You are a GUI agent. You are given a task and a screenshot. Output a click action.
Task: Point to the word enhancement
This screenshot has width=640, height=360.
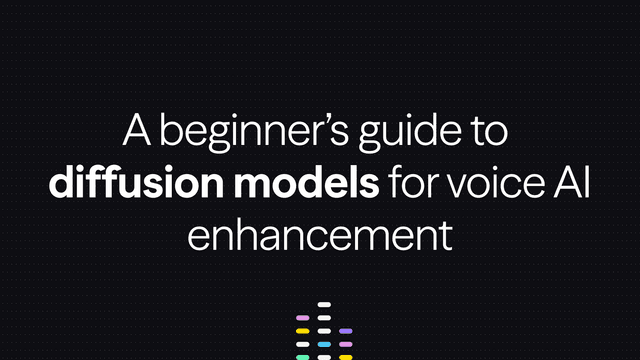(319, 236)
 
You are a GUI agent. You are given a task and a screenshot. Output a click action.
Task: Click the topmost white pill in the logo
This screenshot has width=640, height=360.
(324, 305)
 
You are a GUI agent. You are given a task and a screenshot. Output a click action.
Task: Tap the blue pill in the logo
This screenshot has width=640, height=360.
(324, 344)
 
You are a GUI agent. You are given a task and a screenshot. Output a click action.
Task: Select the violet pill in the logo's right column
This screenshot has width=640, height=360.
(346, 331)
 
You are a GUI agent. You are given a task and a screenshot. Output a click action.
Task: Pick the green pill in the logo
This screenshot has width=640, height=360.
(303, 357)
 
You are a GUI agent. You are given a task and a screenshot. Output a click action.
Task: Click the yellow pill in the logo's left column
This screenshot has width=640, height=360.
(303, 331)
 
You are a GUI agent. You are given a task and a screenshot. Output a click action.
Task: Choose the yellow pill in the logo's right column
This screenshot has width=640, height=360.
(346, 357)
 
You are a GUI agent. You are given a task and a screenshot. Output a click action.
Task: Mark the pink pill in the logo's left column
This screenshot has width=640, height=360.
(303, 318)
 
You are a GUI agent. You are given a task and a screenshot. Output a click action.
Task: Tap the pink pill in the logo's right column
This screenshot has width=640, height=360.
(346, 344)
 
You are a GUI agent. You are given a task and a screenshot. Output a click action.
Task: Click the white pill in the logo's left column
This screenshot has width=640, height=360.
(303, 344)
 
